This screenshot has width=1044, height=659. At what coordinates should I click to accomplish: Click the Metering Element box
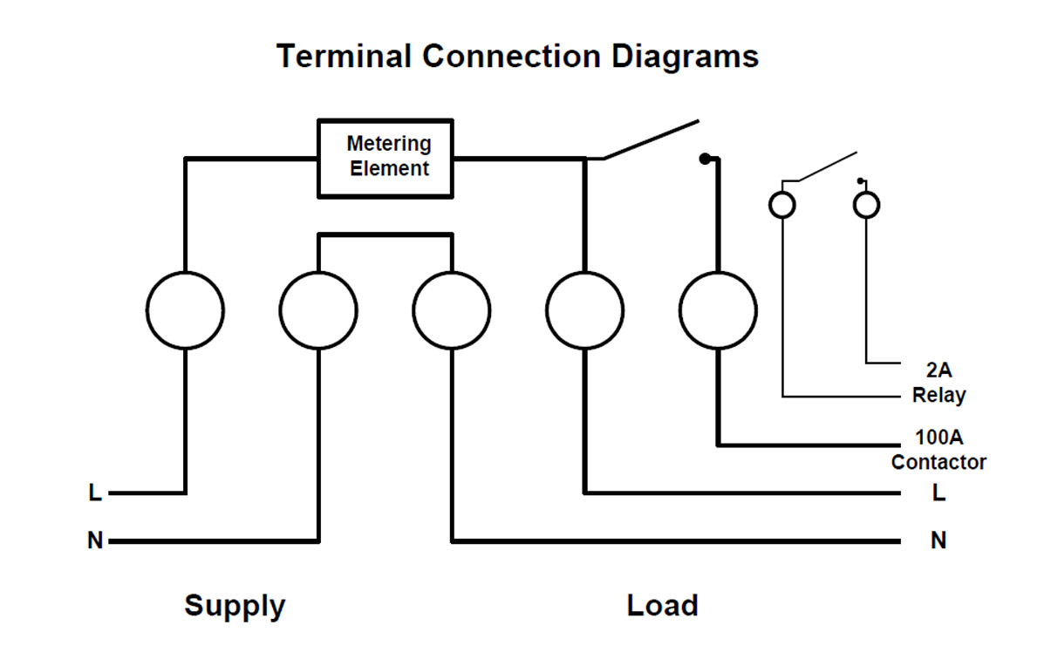(x=386, y=157)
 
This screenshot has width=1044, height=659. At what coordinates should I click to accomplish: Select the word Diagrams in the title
(x=684, y=57)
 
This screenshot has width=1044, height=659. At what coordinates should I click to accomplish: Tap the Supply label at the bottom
(x=235, y=605)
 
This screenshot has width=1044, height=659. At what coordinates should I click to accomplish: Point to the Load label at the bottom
(x=662, y=605)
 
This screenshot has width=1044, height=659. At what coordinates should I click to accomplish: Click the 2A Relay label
(x=938, y=383)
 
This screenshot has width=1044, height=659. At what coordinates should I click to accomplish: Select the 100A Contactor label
(x=938, y=449)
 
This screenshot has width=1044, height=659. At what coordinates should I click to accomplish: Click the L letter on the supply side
(x=95, y=493)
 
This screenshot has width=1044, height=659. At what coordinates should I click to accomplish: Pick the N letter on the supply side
(x=95, y=541)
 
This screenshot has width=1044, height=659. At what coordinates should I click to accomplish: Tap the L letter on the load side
(x=938, y=493)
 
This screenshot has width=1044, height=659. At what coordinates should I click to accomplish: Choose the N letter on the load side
(x=938, y=541)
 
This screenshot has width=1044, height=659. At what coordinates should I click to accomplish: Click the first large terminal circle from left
(x=185, y=310)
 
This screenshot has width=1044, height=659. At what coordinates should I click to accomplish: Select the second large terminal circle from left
(x=318, y=310)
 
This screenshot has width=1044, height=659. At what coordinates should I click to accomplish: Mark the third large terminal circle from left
(x=452, y=310)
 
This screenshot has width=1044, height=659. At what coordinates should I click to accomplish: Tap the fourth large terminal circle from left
(x=584, y=310)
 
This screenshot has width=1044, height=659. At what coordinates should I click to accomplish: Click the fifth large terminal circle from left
(x=718, y=310)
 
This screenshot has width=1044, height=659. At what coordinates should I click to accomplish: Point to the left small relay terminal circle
(x=782, y=205)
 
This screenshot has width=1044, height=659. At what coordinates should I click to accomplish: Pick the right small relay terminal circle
(x=866, y=205)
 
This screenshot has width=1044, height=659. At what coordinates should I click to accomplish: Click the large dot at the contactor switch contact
(x=705, y=159)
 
